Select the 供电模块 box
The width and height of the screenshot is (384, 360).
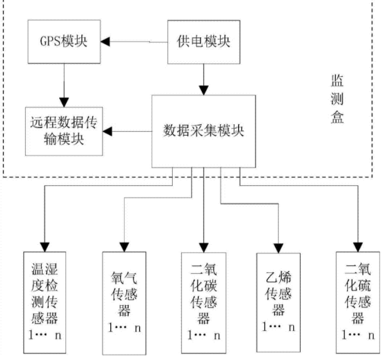(204, 42)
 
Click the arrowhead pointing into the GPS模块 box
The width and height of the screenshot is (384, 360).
(107, 42)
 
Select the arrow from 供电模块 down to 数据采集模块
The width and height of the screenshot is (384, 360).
(203, 79)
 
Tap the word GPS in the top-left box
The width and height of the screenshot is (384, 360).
(50, 42)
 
